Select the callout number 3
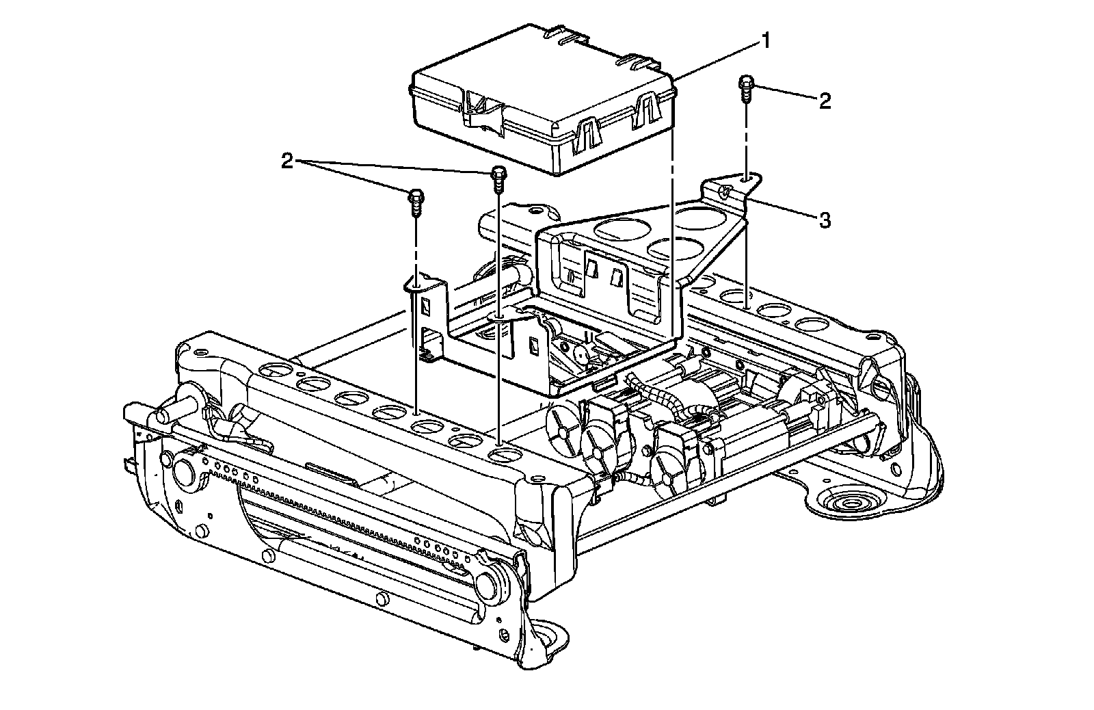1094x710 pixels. coord(825,220)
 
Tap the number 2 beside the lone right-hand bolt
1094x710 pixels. coord(825,101)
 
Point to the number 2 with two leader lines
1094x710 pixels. coord(287,161)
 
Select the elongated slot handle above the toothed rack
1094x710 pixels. coord(332,471)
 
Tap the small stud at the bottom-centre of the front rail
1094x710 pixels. coord(382,600)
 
